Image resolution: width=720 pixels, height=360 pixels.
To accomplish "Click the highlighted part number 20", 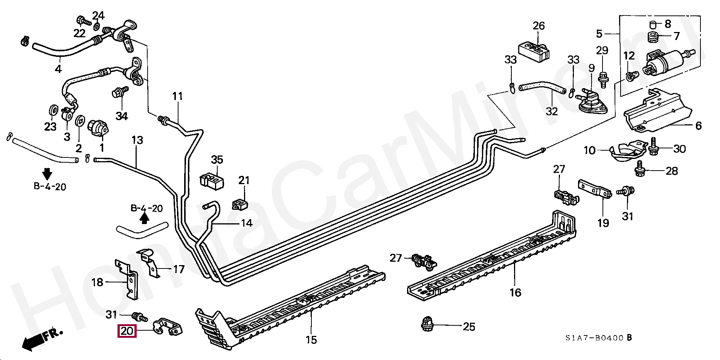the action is [127, 331].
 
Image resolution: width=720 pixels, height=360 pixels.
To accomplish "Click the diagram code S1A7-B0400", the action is [594, 338].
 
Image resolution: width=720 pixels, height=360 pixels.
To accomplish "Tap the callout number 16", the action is [515, 292].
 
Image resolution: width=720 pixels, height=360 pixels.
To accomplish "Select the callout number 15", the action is [311, 340].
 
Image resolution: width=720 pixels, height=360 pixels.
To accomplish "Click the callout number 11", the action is [177, 96].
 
